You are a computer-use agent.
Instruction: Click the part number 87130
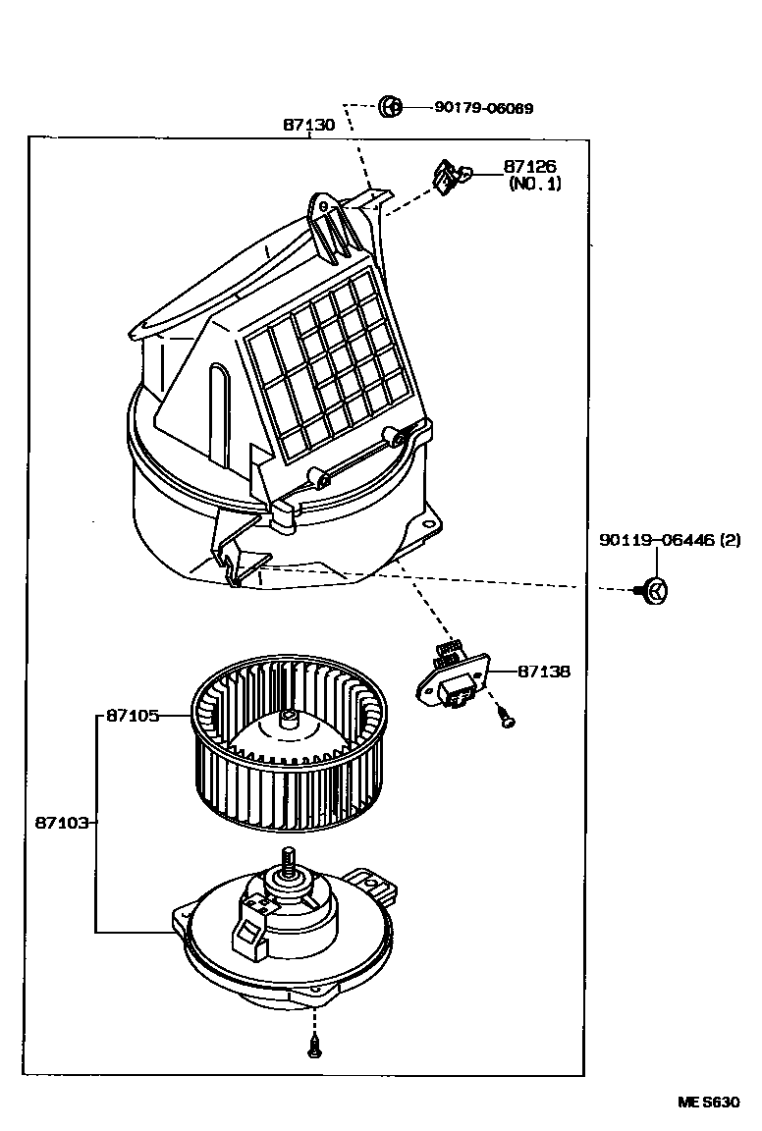click(x=308, y=125)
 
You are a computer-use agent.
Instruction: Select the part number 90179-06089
click(x=483, y=108)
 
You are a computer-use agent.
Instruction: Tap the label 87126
click(x=530, y=168)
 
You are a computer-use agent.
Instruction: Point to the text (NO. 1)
click(x=534, y=184)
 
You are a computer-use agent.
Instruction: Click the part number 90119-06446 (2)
click(x=670, y=540)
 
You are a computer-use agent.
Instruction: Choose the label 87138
click(x=543, y=673)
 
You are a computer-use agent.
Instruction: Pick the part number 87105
click(x=132, y=717)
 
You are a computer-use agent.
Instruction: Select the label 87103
click(x=63, y=822)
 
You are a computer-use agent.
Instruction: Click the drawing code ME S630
click(x=707, y=1103)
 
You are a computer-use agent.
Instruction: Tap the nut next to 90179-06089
click(x=389, y=106)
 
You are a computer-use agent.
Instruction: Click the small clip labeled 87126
click(x=449, y=178)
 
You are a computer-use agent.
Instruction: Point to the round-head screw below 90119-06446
click(x=655, y=592)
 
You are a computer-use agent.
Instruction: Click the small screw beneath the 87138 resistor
click(x=506, y=720)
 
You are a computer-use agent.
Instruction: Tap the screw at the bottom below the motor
click(x=315, y=1048)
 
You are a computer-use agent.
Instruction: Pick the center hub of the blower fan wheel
click(x=289, y=721)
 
